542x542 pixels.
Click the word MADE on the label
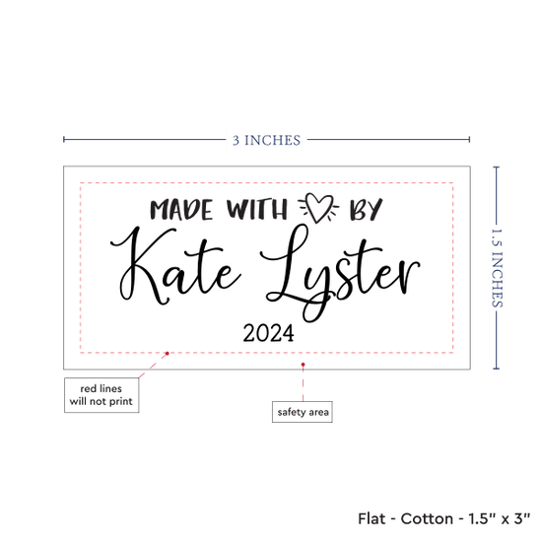tap(181, 210)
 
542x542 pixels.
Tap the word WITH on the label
tap(257, 209)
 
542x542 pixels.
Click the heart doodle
tap(318, 207)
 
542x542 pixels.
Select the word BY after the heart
tap(366, 210)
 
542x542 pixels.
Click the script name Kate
tap(175, 266)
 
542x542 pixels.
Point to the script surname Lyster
tap(340, 273)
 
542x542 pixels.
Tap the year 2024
tap(269, 333)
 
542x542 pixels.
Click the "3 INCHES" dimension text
tap(266, 140)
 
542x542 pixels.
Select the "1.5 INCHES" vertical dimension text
tap(497, 268)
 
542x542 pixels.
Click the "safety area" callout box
tap(303, 412)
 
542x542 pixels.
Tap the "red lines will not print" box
tap(102, 395)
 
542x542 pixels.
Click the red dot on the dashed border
tap(168, 353)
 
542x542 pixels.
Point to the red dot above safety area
tap(304, 365)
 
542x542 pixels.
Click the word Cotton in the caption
tap(427, 518)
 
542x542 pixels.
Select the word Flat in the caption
tap(372, 518)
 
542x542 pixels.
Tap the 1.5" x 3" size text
tap(500, 518)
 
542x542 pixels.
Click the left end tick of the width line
tap(64, 139)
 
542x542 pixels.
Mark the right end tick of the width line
tap(469, 139)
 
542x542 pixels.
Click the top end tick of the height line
tap(497, 167)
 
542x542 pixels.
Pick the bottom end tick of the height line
tap(497, 369)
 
